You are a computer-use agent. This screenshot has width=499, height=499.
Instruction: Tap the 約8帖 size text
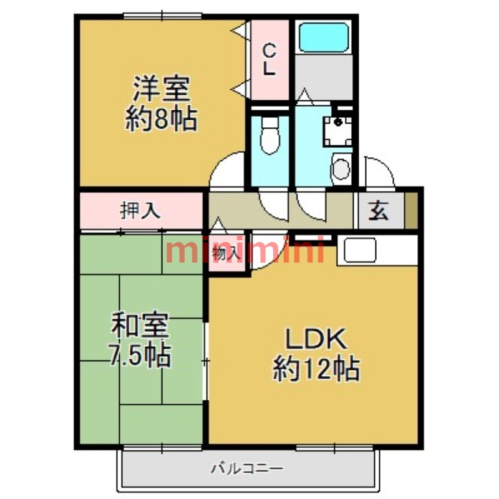(x=161, y=118)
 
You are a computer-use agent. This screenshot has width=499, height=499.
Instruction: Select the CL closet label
(x=269, y=59)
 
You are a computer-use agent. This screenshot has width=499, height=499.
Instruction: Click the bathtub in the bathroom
(x=323, y=37)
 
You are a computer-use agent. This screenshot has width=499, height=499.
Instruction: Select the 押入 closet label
(x=140, y=211)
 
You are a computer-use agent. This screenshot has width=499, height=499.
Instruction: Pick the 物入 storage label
(x=225, y=253)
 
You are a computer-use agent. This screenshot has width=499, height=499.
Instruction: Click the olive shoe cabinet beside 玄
(x=411, y=211)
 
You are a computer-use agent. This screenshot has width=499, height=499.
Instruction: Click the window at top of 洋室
(x=162, y=16)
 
